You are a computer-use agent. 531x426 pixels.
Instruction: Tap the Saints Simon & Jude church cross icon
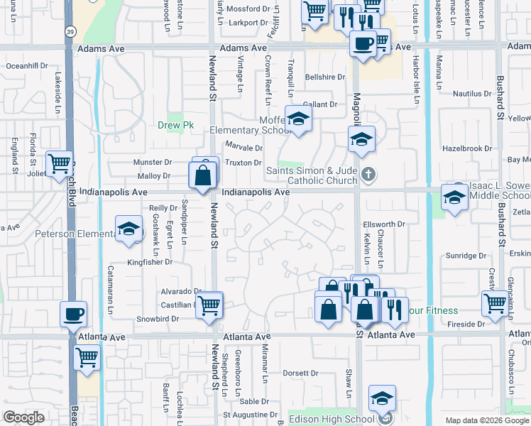point(368,173)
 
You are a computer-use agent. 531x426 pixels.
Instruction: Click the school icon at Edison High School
point(382,398)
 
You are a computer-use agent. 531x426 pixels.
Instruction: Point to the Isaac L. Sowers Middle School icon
point(454,197)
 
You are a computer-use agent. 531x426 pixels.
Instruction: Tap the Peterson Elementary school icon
point(128,229)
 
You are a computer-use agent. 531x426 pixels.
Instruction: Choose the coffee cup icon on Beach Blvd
point(73,314)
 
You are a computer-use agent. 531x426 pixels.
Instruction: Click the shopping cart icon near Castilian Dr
point(208,305)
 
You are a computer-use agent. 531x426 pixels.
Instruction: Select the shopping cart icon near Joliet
point(60,163)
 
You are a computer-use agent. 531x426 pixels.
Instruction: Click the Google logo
point(23,418)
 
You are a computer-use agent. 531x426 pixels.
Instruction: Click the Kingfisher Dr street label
point(150,262)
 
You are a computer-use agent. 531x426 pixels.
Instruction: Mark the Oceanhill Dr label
point(26,65)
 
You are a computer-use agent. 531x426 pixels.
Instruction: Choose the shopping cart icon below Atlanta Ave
point(87,357)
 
